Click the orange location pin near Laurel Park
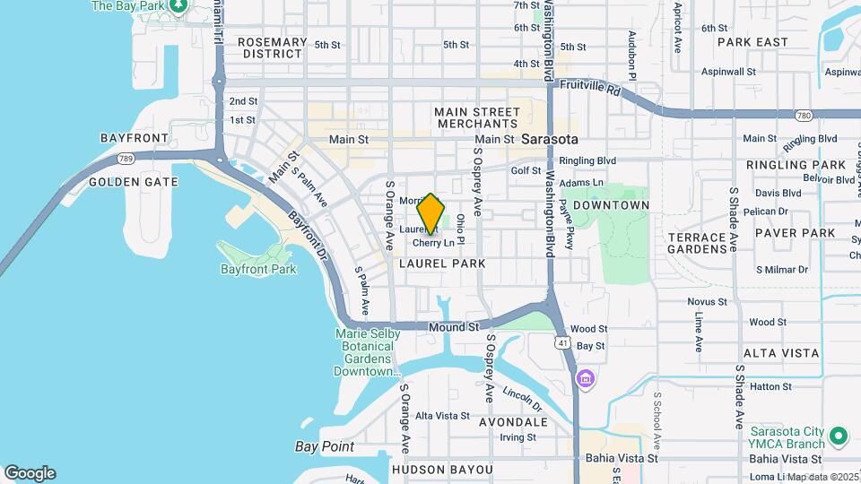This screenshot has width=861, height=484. (430, 213)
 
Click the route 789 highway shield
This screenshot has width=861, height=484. (125, 159)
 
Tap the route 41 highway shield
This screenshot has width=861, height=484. (562, 342)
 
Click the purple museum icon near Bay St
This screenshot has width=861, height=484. (587, 380)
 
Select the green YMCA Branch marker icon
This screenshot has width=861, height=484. (839, 436)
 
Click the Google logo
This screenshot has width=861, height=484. (30, 473)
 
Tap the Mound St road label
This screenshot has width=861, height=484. (453, 327)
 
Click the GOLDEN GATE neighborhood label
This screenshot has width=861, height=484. (133, 182)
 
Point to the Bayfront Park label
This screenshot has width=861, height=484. (257, 269)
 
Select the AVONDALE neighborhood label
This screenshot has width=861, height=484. (513, 421)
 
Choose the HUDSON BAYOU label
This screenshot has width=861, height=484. (441, 469)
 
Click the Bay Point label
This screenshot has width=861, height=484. (325, 446)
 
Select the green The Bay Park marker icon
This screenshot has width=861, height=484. (178, 5)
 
